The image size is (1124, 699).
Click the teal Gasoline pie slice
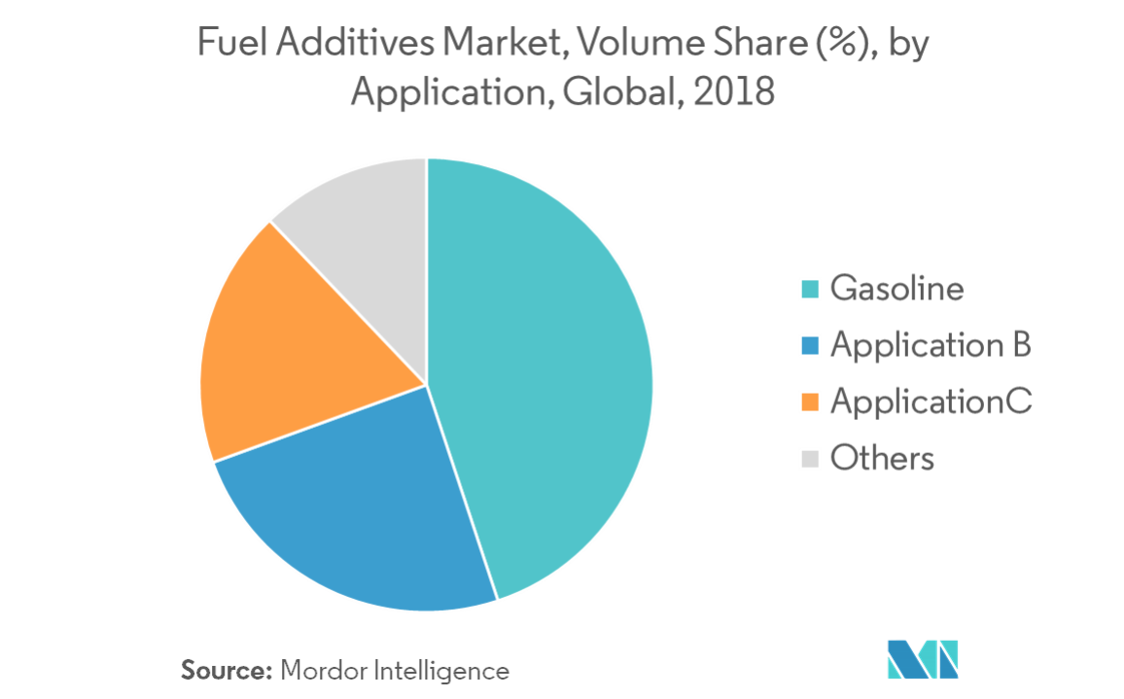pos(544,379)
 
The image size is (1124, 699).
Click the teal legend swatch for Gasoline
pos(809,290)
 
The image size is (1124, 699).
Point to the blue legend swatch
pos(809,346)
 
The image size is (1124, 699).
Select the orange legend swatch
pos(809,402)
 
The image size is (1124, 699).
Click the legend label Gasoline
pos(896,290)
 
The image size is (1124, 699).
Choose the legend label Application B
pos(930,346)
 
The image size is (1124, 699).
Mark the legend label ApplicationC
pos(931,402)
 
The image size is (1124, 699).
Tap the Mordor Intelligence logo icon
pos(922,659)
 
